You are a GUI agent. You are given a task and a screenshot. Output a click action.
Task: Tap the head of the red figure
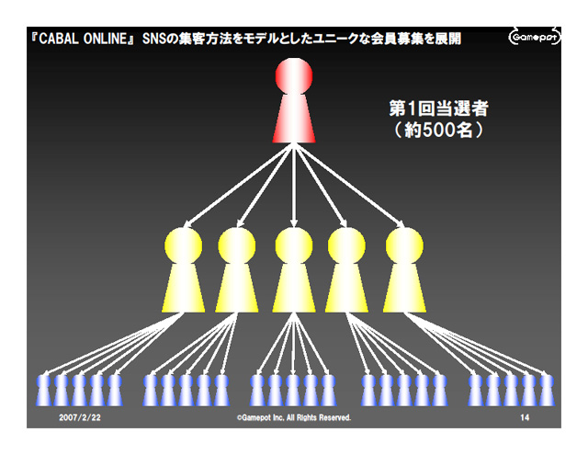pyautogui.click(x=294, y=76)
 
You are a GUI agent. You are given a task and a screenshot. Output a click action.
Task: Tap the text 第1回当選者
pyautogui.click(x=433, y=108)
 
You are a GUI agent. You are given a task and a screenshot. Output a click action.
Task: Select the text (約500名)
pyautogui.click(x=433, y=131)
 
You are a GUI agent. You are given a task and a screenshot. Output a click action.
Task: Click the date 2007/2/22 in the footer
pyautogui.click(x=80, y=417)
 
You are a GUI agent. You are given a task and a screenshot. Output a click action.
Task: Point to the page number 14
pyautogui.click(x=525, y=417)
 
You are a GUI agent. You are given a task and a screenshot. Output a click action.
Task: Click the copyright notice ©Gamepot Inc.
pyautogui.click(x=293, y=417)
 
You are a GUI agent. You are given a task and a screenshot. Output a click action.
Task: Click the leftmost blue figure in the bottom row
pyautogui.click(x=43, y=390)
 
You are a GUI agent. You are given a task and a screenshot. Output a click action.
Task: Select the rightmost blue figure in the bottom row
pyautogui.click(x=546, y=390)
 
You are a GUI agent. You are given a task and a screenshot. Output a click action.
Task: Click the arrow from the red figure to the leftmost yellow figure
pyautogui.click(x=234, y=185)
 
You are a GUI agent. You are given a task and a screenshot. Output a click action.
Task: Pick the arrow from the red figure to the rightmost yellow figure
pyautogui.click(x=354, y=185)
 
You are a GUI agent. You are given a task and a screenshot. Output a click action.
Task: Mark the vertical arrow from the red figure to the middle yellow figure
pyautogui.click(x=294, y=185)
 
